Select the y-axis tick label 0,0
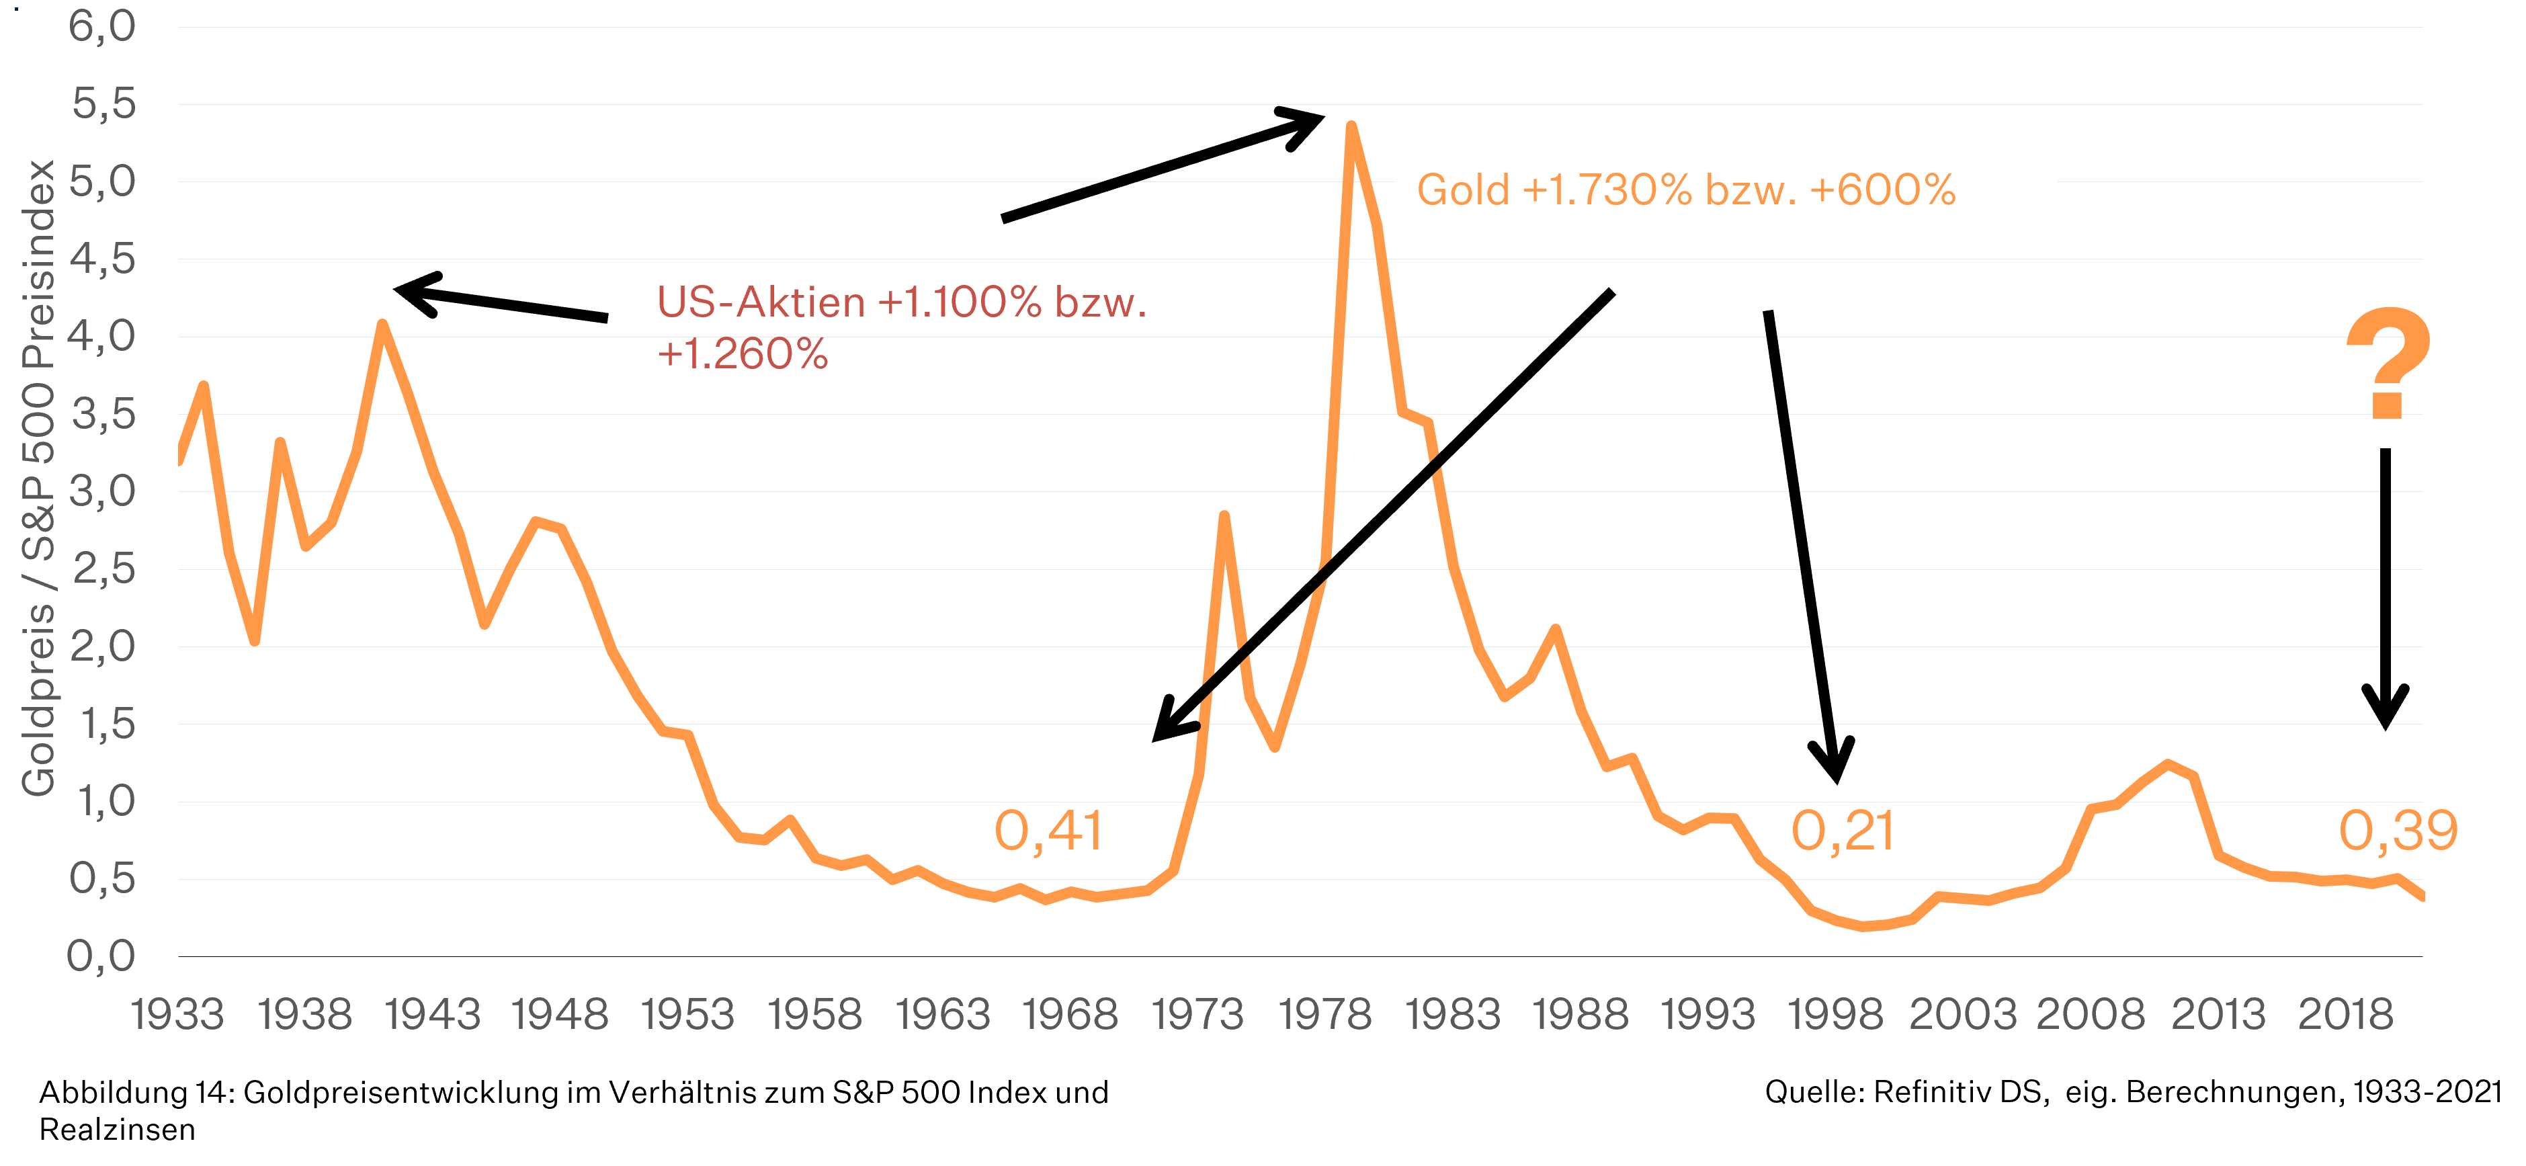pyautogui.click(x=101, y=956)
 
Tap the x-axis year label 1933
pyautogui.click(x=177, y=1015)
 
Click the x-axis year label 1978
pyautogui.click(x=1324, y=1015)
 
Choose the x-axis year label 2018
pyautogui.click(x=2345, y=1015)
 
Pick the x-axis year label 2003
pyautogui.click(x=1963, y=1015)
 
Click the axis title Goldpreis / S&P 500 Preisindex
pyautogui.click(x=39, y=478)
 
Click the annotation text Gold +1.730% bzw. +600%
pyautogui.click(x=1685, y=190)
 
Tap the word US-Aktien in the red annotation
pyautogui.click(x=761, y=302)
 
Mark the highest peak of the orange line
pyautogui.click(x=1351, y=126)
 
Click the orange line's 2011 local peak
pyautogui.click(x=2168, y=764)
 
